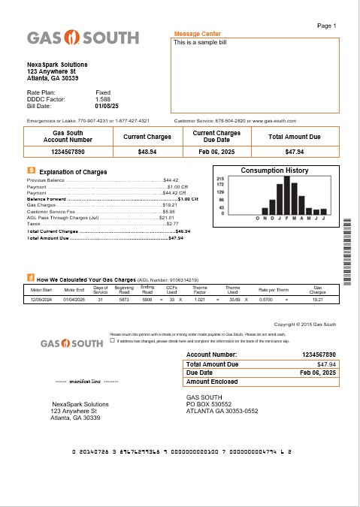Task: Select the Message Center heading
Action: coord(197,35)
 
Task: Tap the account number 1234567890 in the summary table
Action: coord(68,152)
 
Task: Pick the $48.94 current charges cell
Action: coord(147,152)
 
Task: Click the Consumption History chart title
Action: coord(274,171)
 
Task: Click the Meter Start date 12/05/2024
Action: coord(41,299)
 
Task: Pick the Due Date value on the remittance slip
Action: coord(316,373)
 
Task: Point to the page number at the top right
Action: coord(327,26)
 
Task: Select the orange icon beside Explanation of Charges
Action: coord(30,171)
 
